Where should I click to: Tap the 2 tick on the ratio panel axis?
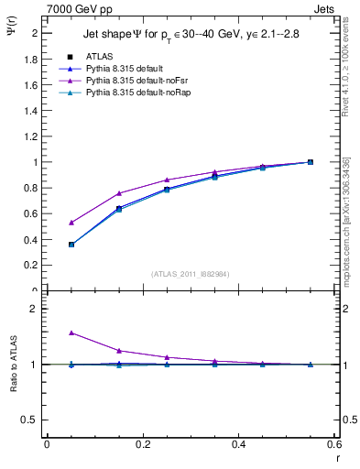35,309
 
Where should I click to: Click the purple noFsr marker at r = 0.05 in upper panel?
47,223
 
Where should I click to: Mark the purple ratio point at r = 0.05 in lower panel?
47,333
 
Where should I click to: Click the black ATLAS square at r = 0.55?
310,162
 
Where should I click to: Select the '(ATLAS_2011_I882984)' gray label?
189,274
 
